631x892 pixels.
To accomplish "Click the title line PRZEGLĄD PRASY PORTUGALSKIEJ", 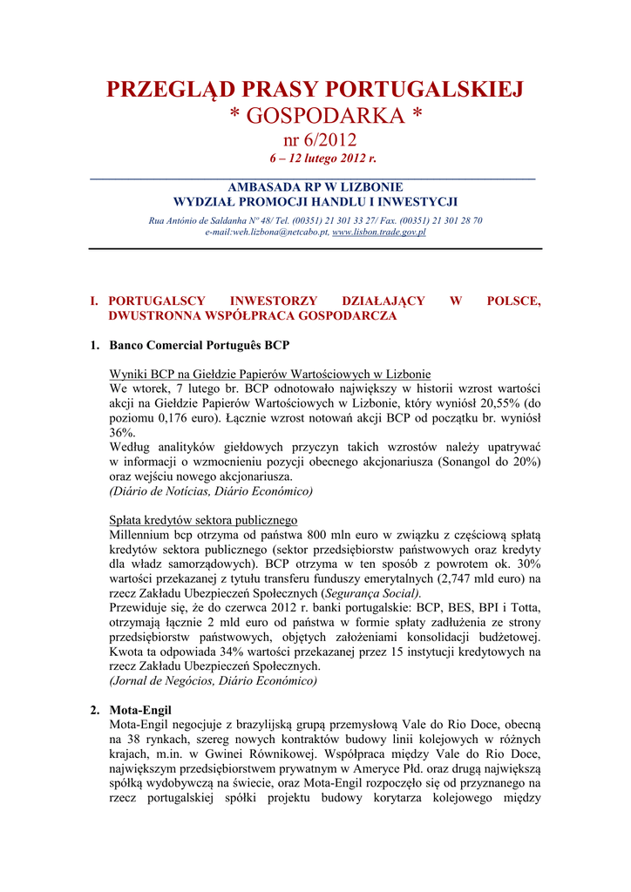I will tap(315, 89).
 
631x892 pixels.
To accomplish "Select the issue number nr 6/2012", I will tap(315, 139).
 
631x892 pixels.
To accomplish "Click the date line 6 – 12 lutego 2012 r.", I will tap(315, 159).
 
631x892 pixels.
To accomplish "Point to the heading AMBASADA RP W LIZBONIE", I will tap(315, 187).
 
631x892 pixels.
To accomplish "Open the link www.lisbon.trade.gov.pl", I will tap(378, 233).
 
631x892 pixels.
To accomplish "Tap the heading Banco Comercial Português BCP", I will tap(199, 346).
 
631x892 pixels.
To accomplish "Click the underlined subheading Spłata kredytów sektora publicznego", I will tap(204, 520).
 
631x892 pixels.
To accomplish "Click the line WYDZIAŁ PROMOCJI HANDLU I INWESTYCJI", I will tap(315, 201).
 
